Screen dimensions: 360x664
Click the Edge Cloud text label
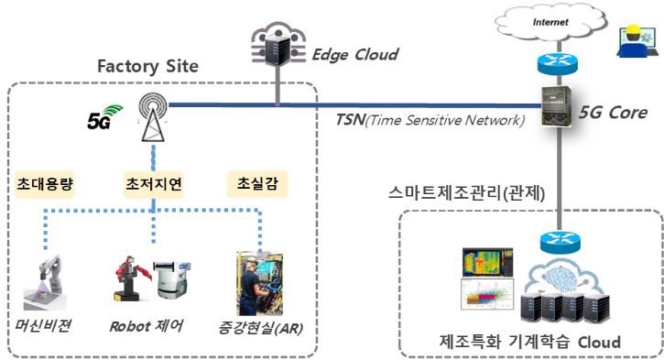click(x=355, y=55)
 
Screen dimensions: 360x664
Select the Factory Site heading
click(x=148, y=67)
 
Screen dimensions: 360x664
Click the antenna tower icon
click(x=151, y=116)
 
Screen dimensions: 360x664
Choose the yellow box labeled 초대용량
click(x=44, y=184)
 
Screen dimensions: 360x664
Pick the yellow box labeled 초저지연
click(x=153, y=184)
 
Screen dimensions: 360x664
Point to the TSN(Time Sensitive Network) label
click(x=430, y=120)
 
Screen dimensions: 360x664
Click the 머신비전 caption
click(x=48, y=325)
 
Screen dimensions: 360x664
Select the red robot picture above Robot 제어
click(x=133, y=278)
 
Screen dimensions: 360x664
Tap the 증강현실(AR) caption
click(x=255, y=325)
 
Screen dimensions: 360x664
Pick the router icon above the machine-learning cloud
click(x=557, y=243)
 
